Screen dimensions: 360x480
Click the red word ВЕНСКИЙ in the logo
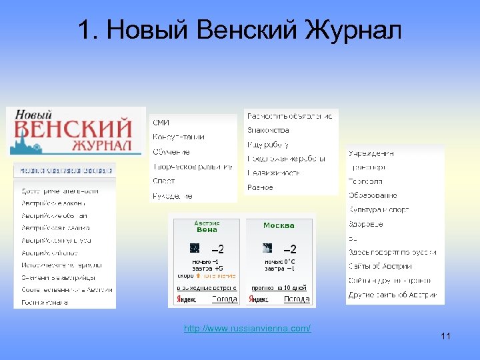pos(73,129)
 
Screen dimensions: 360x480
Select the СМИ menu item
pos(161,123)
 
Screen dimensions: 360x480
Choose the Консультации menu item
pos(179,137)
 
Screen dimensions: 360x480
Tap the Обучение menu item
pos(171,152)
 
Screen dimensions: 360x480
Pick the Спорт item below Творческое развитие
pos(164,181)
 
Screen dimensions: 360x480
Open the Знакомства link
pos(268,130)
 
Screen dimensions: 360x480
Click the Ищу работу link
pos(267,145)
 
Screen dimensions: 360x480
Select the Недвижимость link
pos(273,173)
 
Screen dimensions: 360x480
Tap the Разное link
pos(260,188)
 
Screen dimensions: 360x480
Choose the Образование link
pos(373,195)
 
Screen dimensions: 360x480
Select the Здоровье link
pos(365,224)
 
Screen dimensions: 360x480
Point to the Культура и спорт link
pos(377,210)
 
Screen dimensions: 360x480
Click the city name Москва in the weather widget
pos(279,225)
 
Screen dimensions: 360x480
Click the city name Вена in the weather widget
pos(207,230)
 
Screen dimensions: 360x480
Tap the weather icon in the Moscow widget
pos(267,248)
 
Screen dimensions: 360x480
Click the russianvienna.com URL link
pos(247,329)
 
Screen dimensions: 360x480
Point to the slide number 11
pos(445,336)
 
